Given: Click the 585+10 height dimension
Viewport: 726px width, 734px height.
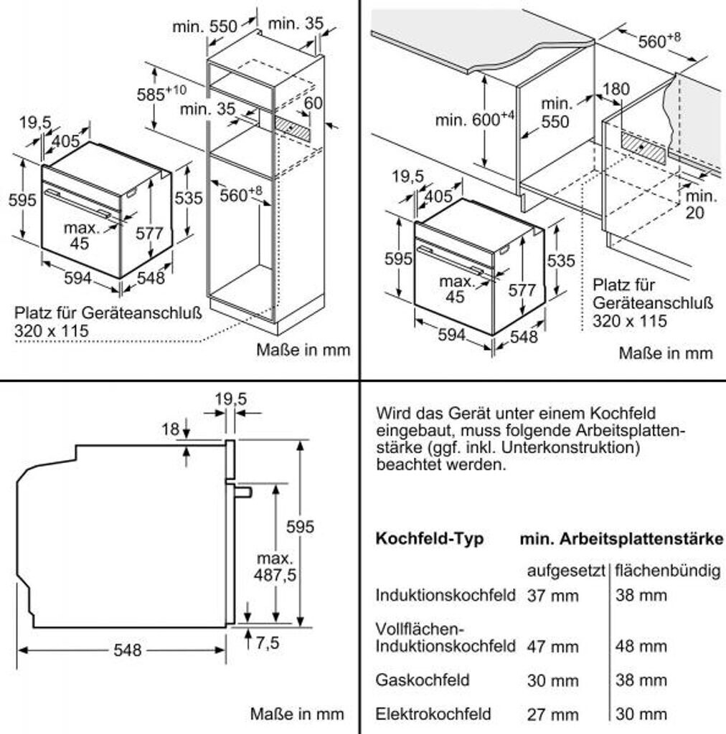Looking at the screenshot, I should coord(161,94).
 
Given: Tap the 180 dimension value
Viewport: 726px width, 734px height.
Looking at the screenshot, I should coord(615,88).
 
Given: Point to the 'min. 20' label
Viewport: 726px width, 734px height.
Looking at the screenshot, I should coord(699,204).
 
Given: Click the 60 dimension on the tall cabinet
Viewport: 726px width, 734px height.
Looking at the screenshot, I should coord(313,103).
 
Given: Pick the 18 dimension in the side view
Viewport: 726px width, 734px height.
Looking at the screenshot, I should coord(170,429).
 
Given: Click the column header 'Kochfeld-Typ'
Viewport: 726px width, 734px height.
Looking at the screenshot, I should coord(429,539).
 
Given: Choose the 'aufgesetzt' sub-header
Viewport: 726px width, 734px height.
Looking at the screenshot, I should coord(566,571).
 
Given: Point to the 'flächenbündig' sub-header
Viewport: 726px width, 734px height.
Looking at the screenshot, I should coord(667,571).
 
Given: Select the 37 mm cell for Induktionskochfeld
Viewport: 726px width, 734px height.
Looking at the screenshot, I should coord(552,595).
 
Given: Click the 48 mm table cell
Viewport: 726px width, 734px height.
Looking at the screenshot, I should coord(641,647).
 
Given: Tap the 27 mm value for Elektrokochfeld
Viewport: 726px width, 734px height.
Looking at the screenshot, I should coord(552,715).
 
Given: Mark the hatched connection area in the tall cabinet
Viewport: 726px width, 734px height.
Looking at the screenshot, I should coord(294,128).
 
